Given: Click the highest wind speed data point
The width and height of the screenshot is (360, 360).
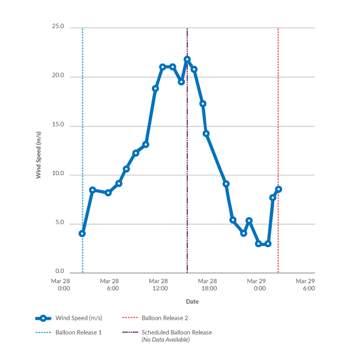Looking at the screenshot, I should pos(187,59).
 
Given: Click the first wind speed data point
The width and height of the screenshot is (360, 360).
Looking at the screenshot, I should pos(82,233).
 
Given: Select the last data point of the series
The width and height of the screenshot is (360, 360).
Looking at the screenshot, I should pos(278,190).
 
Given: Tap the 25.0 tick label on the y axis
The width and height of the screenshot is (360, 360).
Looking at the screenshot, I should pos(59,28).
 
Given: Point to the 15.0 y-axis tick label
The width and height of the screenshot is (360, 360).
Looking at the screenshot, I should pos(59,126).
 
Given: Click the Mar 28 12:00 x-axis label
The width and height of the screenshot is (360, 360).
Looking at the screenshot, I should pos(159,284).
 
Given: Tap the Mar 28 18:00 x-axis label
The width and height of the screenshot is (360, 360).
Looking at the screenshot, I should pos(208,284).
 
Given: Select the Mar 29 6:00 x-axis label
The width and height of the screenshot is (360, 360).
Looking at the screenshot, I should pos(306,284).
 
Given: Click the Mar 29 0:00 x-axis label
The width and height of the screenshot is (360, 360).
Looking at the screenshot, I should pos(257,284).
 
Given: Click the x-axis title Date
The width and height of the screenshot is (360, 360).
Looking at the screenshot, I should pos(192,301).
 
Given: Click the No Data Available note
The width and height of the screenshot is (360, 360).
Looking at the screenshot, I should pos(166,340).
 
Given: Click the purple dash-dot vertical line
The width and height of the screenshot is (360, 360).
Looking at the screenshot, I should pos(187,180).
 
